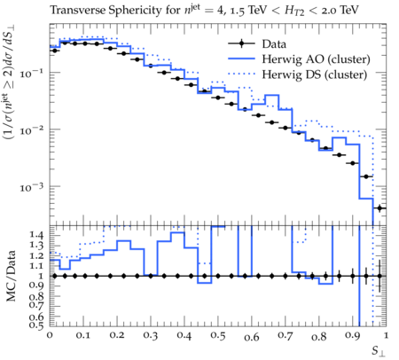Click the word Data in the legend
coord(274,44)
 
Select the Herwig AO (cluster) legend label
coord(316,59)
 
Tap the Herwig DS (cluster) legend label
coord(315,74)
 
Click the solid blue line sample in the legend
coord(241,59)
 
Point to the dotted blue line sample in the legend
coord(241,74)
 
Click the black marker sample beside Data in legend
coord(241,43)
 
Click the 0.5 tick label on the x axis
coord(218,336)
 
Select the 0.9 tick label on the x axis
coord(352,336)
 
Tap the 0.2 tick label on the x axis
coord(117,336)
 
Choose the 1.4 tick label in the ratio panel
coord(37,235)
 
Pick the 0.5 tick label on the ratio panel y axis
coord(37,325)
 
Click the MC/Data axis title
coord(12,276)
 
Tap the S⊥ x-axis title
coord(379,351)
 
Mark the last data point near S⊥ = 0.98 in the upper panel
coord(379,208)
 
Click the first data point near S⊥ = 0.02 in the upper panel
coord(54,51)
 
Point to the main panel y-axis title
coord(10,82)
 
